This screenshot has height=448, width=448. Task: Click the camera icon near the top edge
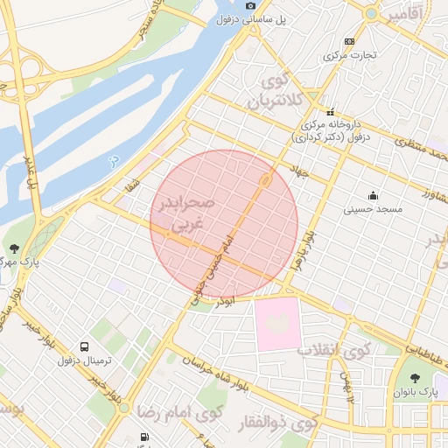[251, 5]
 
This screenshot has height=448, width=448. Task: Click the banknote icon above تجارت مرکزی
[350, 41]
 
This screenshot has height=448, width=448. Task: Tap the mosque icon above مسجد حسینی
[374, 195]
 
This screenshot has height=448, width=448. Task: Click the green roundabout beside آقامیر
[372, 14]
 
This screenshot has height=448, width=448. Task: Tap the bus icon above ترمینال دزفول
[84, 346]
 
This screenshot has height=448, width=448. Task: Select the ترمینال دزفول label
[81, 360]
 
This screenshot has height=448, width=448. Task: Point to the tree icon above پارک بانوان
[415, 378]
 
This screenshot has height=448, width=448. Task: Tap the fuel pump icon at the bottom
[143, 437]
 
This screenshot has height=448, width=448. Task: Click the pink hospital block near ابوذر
[277, 324]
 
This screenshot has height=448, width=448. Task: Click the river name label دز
[112, 160]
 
